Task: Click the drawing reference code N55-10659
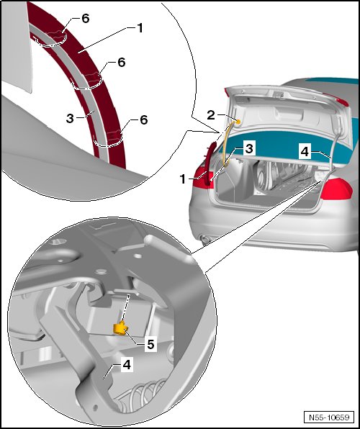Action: (329, 417)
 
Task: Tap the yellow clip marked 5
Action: (120, 328)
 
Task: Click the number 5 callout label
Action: (150, 344)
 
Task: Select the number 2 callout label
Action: (211, 115)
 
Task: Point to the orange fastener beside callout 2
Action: (238, 121)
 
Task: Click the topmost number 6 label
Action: (86, 19)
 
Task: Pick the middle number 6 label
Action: (121, 63)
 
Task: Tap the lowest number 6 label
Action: (143, 119)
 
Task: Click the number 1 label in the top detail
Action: (140, 28)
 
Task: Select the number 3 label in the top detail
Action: (70, 118)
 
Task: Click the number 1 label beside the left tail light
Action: (183, 179)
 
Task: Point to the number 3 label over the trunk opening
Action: (249, 149)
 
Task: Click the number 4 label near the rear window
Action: (305, 152)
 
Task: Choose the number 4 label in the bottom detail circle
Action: (127, 365)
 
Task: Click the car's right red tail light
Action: (336, 189)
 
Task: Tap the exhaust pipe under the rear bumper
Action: (205, 239)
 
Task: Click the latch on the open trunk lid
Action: (279, 95)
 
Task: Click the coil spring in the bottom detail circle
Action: (143, 394)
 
